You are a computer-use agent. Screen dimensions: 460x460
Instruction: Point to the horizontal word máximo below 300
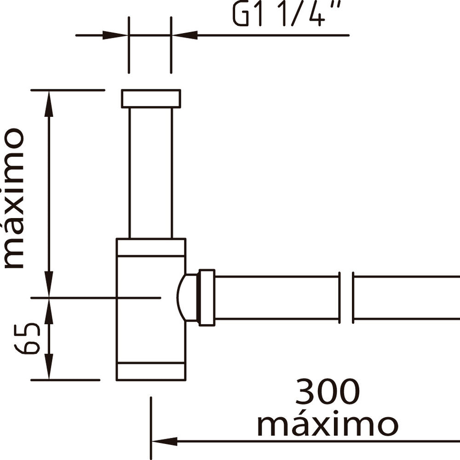pos(327,425)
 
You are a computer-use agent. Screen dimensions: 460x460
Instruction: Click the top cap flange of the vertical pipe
pos(151,98)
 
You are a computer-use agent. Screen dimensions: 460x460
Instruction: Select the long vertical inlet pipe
pos(151,172)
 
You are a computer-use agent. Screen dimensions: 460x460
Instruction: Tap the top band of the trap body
pos(151,247)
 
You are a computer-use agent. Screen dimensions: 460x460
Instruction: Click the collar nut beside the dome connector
pos(207,298)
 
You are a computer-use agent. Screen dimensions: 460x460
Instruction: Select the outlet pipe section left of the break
pos(276,298)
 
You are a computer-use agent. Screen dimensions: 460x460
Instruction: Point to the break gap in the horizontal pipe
pos(346,298)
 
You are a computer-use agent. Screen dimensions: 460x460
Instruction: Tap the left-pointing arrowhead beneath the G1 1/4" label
pos(184,35)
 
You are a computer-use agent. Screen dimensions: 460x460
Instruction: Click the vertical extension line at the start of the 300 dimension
pos(151,428)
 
